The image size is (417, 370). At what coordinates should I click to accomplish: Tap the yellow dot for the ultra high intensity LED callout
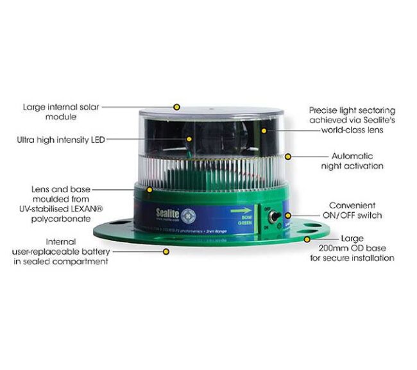click(x=189, y=139)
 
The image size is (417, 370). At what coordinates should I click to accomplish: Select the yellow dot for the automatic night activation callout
click(x=289, y=155)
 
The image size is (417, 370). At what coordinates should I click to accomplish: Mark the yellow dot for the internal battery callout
click(x=166, y=252)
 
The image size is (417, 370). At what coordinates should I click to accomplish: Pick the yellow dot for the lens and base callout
click(x=149, y=190)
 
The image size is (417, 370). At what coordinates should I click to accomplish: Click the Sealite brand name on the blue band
click(x=169, y=213)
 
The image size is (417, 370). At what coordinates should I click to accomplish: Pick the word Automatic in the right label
click(x=352, y=156)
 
